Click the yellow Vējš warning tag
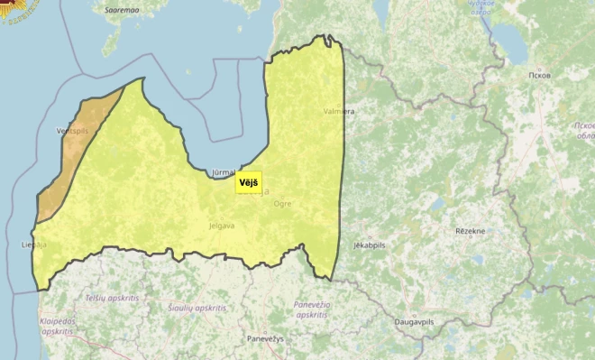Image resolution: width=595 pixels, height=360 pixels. click(248, 181)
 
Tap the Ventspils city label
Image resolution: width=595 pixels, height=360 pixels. click(72, 131)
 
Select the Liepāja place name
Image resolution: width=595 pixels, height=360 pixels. click(33, 244)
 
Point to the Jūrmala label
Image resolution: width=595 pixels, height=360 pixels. click(222, 171)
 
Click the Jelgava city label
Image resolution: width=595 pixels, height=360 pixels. click(221, 226)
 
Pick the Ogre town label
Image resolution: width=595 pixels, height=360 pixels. click(282, 204)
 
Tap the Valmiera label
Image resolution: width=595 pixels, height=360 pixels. click(338, 111)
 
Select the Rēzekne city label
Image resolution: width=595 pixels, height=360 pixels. click(470, 231)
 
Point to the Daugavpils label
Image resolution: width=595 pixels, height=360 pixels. click(416, 321)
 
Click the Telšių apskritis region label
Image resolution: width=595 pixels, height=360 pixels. click(112, 297)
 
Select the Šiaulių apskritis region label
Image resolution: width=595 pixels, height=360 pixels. click(197, 308)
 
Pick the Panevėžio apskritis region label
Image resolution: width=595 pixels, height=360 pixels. click(310, 309)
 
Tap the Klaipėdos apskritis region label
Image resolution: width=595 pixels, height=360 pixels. click(56, 326)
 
